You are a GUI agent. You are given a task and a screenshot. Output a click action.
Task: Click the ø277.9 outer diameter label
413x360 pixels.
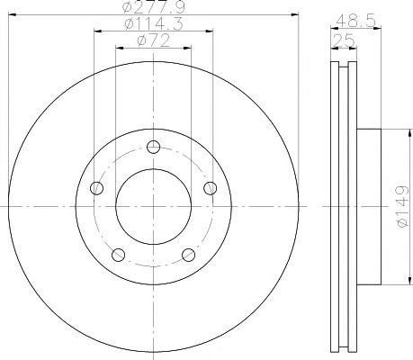coord(154,7)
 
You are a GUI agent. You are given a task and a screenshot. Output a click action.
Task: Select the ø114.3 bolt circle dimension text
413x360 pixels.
coord(154,23)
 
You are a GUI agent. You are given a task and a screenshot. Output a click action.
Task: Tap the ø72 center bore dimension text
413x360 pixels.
coord(154,40)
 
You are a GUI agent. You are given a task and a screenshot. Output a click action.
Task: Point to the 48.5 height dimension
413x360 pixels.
coord(356,21)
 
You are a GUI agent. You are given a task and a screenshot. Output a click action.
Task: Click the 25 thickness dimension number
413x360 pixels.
coord(344,40)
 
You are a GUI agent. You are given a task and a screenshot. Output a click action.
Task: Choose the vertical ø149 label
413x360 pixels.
coord(402,207)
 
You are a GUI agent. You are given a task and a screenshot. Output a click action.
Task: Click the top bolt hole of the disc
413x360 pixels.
coord(154,147)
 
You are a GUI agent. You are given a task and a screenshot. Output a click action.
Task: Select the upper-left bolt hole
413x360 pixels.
coord(96,188)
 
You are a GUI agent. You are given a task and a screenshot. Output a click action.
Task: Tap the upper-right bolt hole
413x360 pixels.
coord(211,188)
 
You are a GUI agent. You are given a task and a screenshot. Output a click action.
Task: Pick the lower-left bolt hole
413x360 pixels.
coord(118,255)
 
